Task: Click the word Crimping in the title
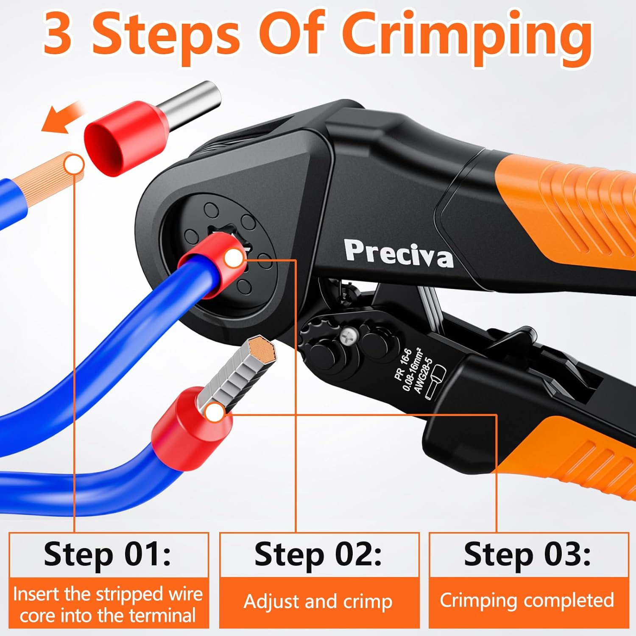(x=466, y=36)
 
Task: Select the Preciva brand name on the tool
(x=398, y=254)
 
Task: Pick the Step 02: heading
(x=318, y=554)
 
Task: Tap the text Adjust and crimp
(x=318, y=602)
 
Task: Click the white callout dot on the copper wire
(x=75, y=165)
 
